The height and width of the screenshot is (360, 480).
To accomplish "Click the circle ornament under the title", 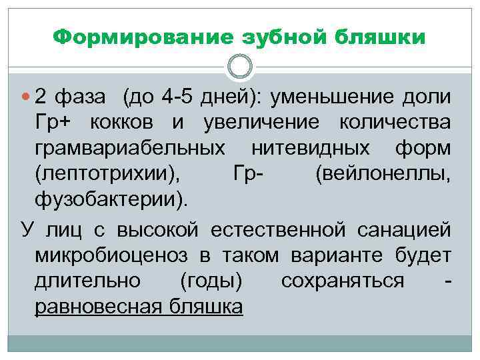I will [x=240, y=66].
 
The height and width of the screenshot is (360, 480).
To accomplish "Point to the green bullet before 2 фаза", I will [x=25, y=97].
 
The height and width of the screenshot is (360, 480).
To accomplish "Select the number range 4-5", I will [x=181, y=97].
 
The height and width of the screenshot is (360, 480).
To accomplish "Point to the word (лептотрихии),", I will [x=108, y=173].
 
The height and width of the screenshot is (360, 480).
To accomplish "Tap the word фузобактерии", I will [x=110, y=199].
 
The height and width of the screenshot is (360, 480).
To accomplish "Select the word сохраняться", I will [x=343, y=281].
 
